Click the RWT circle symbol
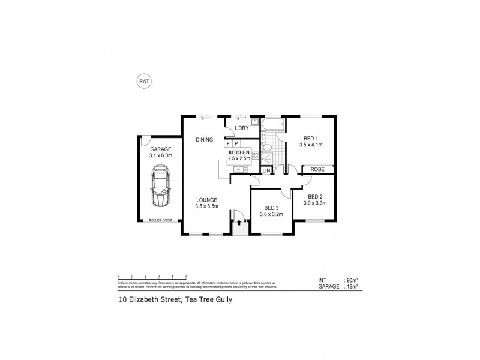pos(145,82)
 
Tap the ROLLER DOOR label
pos(160,221)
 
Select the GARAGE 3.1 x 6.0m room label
pos(160,152)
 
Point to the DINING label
pos(204,140)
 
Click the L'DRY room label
pos(241,128)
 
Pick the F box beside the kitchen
pos(228,144)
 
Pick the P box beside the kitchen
pos(236,144)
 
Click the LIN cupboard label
pos(267,170)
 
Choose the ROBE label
pos(317,170)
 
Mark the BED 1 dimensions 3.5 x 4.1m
pos(311,145)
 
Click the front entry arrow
pos(240,223)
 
